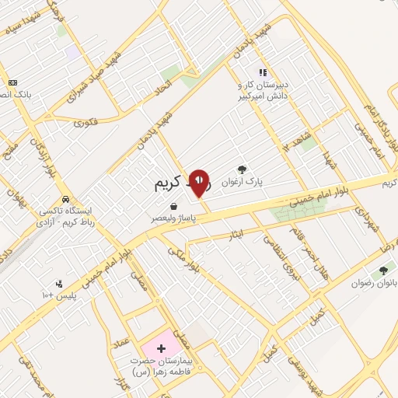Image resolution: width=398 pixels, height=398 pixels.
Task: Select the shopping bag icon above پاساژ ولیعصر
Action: coord(171,207)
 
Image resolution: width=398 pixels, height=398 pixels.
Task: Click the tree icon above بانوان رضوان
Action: coord(382,271)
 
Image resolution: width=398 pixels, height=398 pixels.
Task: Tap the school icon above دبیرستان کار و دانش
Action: coord(263,73)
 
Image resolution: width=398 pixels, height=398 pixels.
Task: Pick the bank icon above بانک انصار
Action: coord(12,82)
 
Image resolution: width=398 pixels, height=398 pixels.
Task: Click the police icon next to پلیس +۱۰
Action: coord(58,283)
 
